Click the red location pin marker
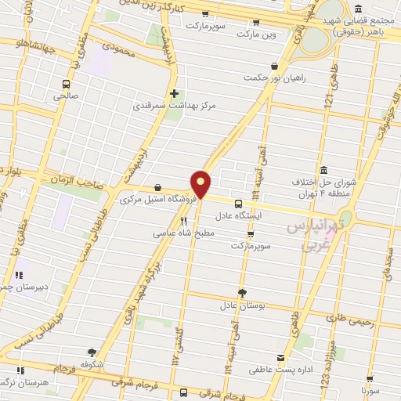tap(201, 183)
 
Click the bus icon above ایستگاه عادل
tap(238, 203)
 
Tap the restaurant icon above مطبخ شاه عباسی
tap(184, 222)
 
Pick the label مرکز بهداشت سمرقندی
tap(174, 104)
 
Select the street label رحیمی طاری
tap(347, 319)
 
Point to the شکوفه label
tap(92, 363)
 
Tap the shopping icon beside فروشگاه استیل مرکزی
tap(160, 188)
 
